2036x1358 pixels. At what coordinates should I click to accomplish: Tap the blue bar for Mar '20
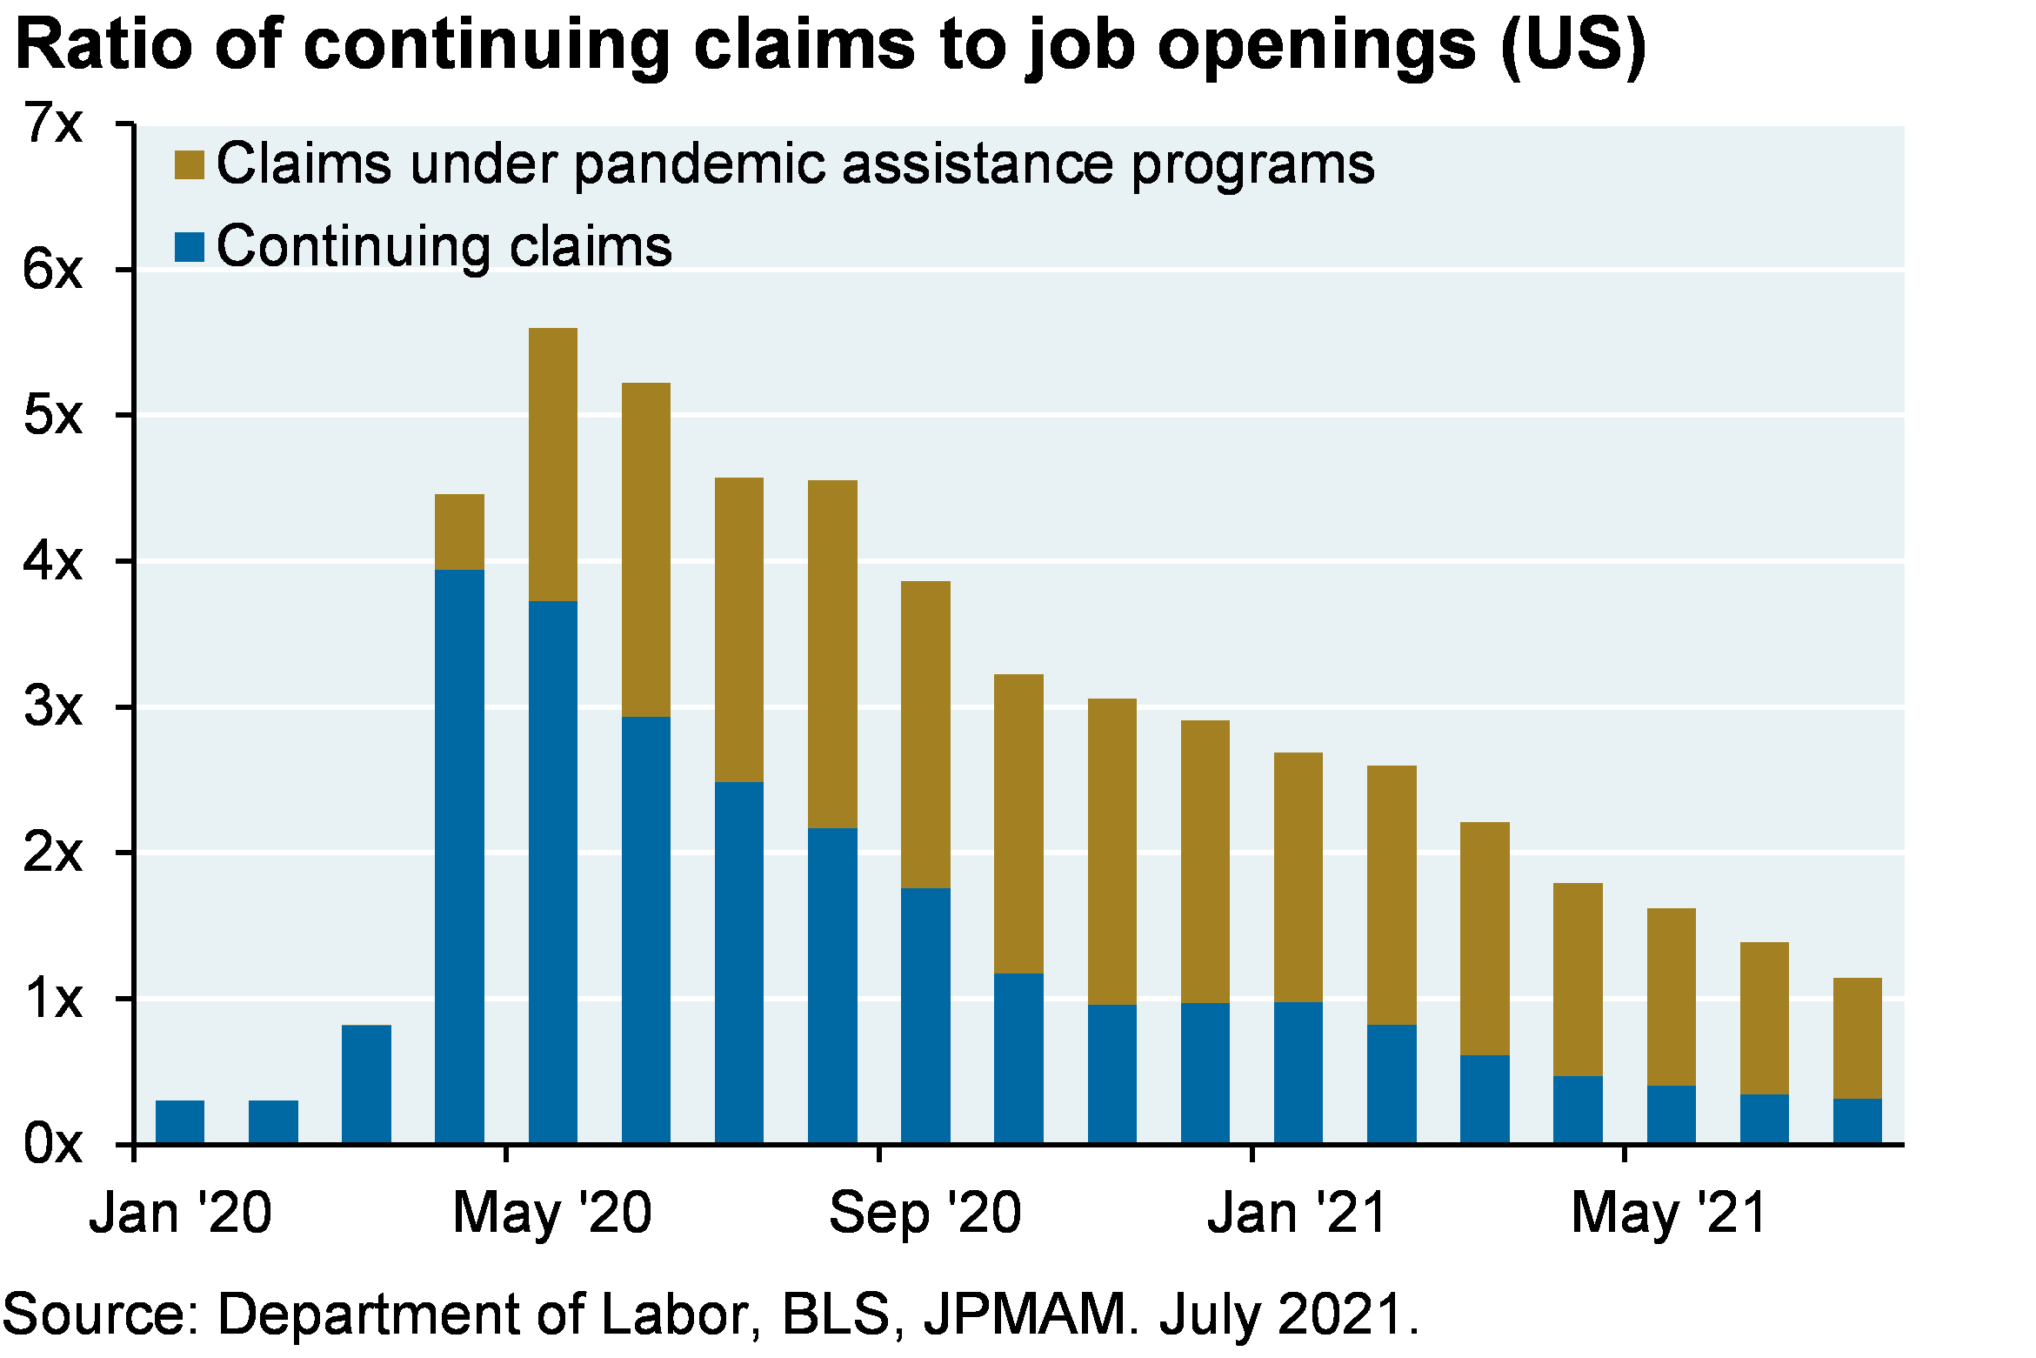366,1083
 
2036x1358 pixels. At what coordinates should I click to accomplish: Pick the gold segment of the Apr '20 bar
459,532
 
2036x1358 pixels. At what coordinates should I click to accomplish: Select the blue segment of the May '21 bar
1672,1114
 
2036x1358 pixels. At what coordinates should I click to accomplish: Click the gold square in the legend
190,164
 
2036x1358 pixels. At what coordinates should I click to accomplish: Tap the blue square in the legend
190,247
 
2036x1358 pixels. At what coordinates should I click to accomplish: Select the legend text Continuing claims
444,247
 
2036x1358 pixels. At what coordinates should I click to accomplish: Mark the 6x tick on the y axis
52,271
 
